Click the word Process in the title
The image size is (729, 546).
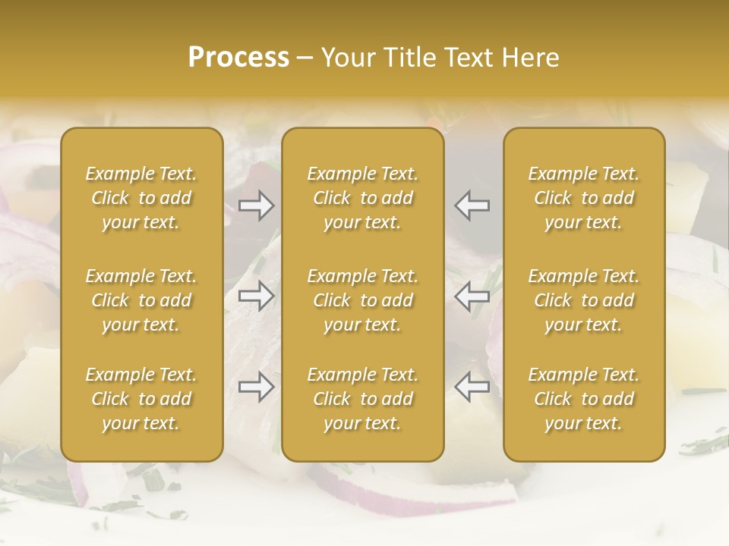click(238, 58)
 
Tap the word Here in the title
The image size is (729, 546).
click(529, 58)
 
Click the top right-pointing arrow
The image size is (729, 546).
click(256, 206)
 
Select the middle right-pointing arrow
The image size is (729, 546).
click(256, 296)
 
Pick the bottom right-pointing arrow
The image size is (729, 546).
click(256, 387)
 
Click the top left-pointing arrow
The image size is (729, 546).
click(472, 206)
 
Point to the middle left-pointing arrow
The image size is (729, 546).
click(472, 296)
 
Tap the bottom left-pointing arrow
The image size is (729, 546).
click(472, 387)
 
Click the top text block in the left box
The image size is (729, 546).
click(141, 198)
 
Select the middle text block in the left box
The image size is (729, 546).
click(141, 300)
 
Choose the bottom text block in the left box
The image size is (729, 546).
click(141, 399)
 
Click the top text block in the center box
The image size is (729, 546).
click(363, 198)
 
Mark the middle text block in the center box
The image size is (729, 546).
click(363, 300)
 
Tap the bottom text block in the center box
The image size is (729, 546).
click(363, 399)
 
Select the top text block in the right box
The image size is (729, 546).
click(584, 198)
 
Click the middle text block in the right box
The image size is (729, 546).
click(584, 300)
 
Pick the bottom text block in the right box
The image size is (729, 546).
click(584, 399)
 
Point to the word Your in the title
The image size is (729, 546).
click(346, 58)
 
